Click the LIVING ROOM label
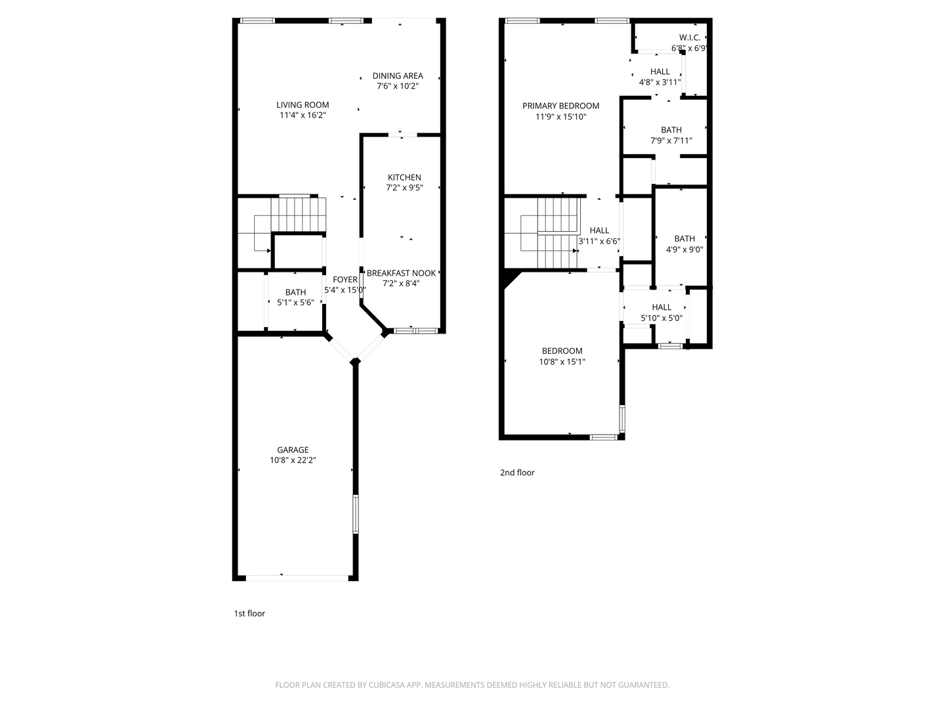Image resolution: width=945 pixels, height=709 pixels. pos(303,104)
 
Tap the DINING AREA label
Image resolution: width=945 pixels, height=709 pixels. pos(398,75)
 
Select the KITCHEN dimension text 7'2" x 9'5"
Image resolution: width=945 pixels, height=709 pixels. pos(404,187)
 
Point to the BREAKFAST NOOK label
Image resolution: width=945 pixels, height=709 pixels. pos(401,273)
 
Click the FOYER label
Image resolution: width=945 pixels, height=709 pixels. pos(345,280)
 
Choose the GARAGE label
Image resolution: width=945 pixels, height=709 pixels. pos(293,450)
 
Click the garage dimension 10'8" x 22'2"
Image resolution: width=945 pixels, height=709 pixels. pos(293,460)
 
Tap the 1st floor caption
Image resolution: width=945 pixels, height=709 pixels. pos(249,613)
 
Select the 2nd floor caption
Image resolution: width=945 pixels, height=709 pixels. pos(517,472)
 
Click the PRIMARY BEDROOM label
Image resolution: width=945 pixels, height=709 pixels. pos(560,106)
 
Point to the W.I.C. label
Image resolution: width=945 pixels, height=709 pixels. pos(690,37)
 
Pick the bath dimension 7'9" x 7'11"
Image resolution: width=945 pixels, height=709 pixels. pos(671,140)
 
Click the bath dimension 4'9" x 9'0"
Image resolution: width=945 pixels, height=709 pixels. pos(684,249)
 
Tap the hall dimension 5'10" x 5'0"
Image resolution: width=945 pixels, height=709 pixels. pos(661,318)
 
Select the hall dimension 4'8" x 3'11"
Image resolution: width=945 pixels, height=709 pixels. pos(660,82)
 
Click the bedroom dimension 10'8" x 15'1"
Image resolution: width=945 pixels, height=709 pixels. pos(562,362)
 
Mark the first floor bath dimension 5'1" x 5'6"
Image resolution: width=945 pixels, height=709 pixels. pos(295,303)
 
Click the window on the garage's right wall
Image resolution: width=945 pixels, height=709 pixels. pos(356,514)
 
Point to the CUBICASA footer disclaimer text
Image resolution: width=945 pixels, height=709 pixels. pos(472,685)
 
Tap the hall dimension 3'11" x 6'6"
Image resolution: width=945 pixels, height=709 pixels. pos(599,241)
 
